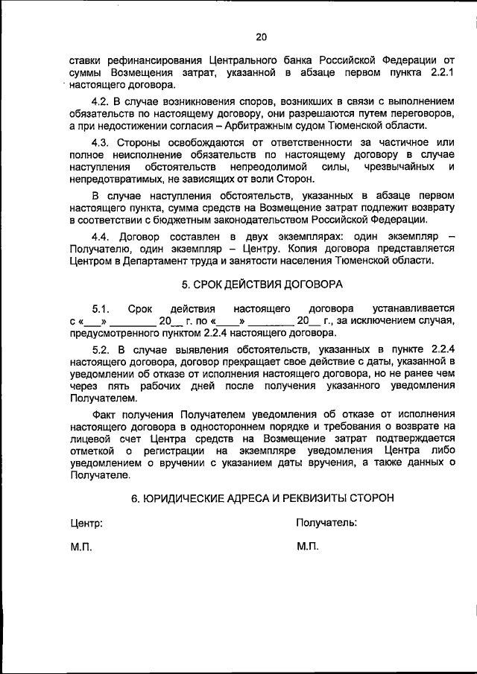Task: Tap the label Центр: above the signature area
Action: (x=86, y=523)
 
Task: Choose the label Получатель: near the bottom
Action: (x=326, y=523)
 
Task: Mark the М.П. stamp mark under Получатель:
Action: (x=307, y=547)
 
